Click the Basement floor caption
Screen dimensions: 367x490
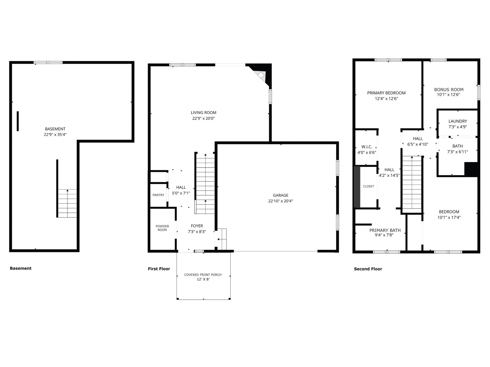[21, 268]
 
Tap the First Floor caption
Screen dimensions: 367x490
[159, 269]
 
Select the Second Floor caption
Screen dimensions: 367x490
[368, 269]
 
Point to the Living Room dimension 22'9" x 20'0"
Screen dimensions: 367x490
[203, 119]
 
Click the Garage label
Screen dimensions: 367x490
[280, 195]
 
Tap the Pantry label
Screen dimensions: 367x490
[158, 195]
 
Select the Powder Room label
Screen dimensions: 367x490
[162, 228]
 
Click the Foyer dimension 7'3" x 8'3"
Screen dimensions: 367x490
[197, 232]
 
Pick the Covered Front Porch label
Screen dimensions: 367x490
[203, 275]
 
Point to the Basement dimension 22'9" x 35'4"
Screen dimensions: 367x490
[55, 135]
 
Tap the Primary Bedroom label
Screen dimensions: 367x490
[386, 93]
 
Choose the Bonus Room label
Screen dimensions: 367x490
[449, 90]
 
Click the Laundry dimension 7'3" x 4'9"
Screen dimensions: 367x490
[458, 127]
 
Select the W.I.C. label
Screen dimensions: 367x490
[367, 147]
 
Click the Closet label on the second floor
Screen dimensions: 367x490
[369, 187]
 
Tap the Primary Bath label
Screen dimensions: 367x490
[385, 230]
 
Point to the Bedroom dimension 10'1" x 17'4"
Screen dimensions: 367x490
[449, 218]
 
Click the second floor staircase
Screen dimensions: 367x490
[412, 185]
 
